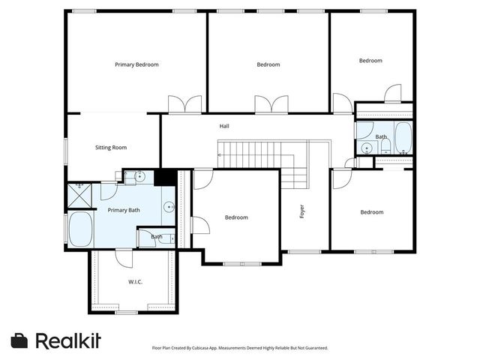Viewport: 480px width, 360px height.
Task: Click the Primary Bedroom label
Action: [136, 64]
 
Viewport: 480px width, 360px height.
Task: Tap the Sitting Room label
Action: [111, 148]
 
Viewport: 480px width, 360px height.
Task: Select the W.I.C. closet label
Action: [135, 282]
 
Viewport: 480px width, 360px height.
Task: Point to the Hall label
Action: [224, 126]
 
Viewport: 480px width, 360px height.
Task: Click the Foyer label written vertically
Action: [302, 211]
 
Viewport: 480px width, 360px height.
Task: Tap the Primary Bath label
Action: [124, 210]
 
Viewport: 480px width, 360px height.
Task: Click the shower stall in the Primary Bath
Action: [79, 195]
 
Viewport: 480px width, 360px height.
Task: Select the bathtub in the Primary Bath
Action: [80, 229]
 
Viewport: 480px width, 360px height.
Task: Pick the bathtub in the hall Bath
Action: [403, 138]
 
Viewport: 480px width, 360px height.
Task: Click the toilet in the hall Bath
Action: [385, 147]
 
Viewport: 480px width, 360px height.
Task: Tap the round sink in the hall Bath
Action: [366, 148]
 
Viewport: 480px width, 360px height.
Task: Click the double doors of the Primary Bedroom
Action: [185, 105]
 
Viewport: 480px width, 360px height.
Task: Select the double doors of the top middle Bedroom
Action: [271, 105]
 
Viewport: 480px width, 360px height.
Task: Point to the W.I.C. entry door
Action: [124, 259]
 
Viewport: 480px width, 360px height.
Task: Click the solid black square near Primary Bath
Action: [165, 177]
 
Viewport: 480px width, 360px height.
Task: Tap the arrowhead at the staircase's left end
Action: [219, 155]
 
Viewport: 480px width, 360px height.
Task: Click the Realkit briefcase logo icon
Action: [19, 340]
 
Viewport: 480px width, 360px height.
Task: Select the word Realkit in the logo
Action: [68, 340]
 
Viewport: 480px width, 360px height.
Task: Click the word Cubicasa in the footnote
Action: [202, 348]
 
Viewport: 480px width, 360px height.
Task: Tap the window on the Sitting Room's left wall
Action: [65, 151]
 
